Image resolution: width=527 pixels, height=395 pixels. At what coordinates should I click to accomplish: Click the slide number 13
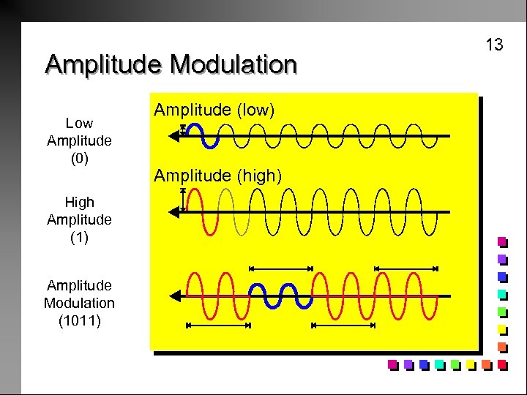click(495, 45)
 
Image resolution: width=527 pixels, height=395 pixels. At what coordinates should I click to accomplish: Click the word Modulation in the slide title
click(233, 64)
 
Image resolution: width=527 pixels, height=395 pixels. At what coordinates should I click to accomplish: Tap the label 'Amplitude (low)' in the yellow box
click(214, 110)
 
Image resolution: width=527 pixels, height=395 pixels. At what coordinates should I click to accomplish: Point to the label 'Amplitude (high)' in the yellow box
click(217, 176)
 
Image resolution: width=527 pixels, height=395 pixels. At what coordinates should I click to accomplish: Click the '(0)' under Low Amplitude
click(79, 157)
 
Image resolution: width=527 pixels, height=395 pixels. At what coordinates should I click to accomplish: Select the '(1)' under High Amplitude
click(79, 237)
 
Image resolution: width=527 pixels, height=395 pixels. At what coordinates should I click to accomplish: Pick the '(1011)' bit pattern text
click(79, 320)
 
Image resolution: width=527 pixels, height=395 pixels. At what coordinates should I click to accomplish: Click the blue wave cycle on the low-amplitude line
click(206, 136)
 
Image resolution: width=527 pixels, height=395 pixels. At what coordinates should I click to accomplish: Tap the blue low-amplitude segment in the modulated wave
click(281, 296)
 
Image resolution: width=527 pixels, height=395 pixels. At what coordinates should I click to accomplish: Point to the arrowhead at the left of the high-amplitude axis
click(173, 212)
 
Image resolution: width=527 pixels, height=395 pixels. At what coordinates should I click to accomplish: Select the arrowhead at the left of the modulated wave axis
click(174, 296)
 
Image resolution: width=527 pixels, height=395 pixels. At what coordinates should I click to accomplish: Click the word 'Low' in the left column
click(79, 123)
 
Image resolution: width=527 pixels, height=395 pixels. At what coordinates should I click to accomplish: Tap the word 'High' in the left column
click(79, 202)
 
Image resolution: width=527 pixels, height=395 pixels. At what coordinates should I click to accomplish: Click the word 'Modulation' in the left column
click(79, 302)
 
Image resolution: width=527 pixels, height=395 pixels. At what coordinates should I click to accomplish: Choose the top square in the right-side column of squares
click(502, 241)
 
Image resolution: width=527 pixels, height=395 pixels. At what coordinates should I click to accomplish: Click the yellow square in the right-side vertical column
click(502, 329)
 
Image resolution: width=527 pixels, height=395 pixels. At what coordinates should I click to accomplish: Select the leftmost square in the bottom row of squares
click(393, 364)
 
